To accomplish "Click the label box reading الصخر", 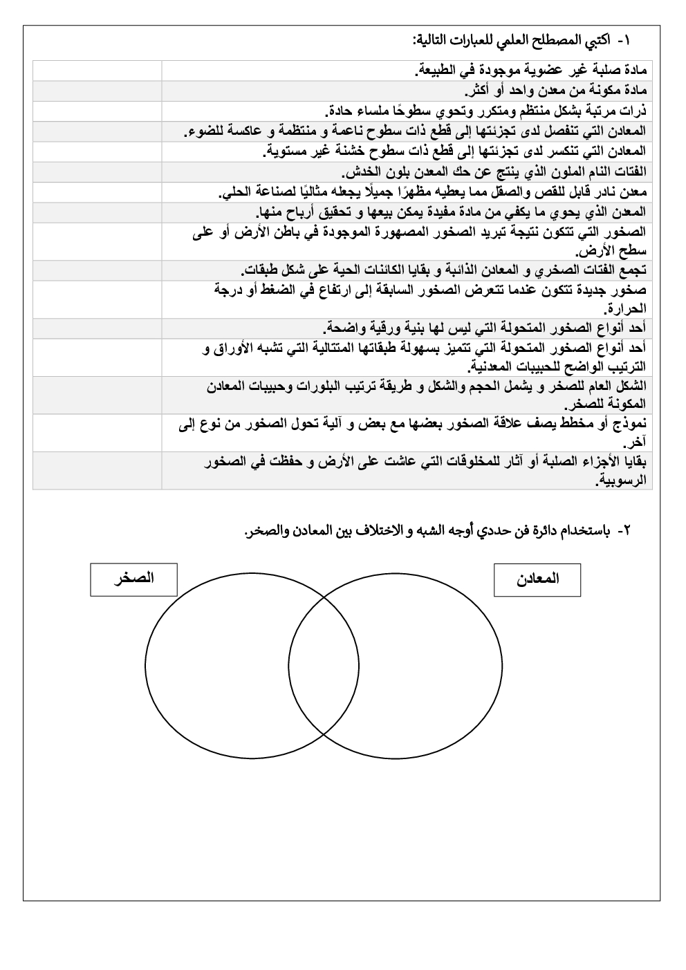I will point(133,579).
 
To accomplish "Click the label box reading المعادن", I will point(537,579).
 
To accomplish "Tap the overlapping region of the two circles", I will point(324,667).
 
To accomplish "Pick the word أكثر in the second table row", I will point(478,91).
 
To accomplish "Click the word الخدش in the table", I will point(364,171).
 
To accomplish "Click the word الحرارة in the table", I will point(626,308).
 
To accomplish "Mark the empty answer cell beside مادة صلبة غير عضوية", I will point(97,71).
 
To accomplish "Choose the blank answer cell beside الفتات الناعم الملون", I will point(97,171).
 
